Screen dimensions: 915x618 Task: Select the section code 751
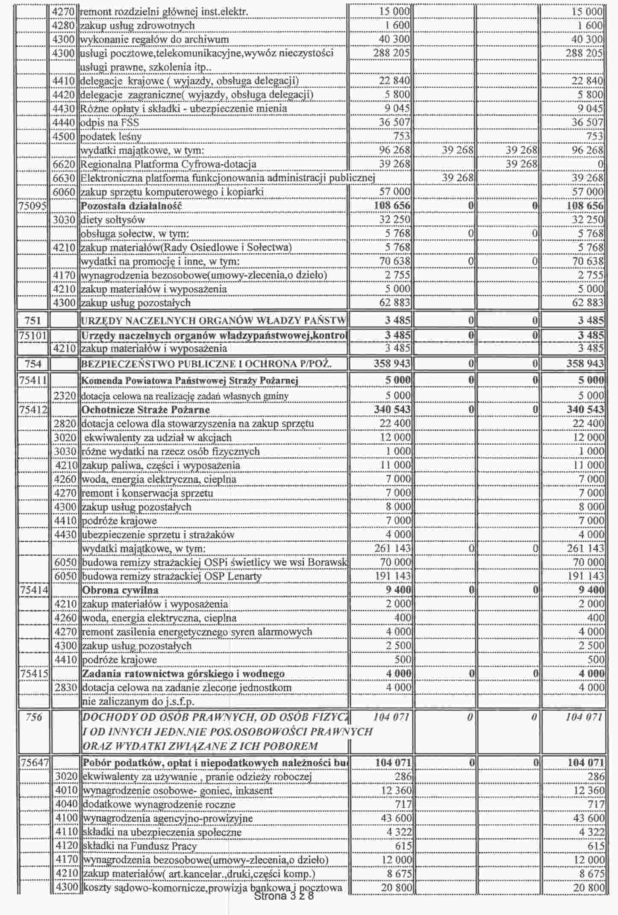[33, 320]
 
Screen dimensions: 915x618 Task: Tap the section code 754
[33, 364]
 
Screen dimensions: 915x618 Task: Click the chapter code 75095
[32, 206]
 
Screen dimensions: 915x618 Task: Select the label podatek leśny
[111, 137]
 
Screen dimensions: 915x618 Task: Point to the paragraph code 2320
[65, 396]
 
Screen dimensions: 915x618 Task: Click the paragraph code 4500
[64, 137]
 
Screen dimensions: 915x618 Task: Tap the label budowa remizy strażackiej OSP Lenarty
[171, 576]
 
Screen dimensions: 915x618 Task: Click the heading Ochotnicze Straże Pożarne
[146, 410]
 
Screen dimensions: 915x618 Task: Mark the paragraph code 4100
[67, 818]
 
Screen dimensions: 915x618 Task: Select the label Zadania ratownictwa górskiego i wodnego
[183, 674]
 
